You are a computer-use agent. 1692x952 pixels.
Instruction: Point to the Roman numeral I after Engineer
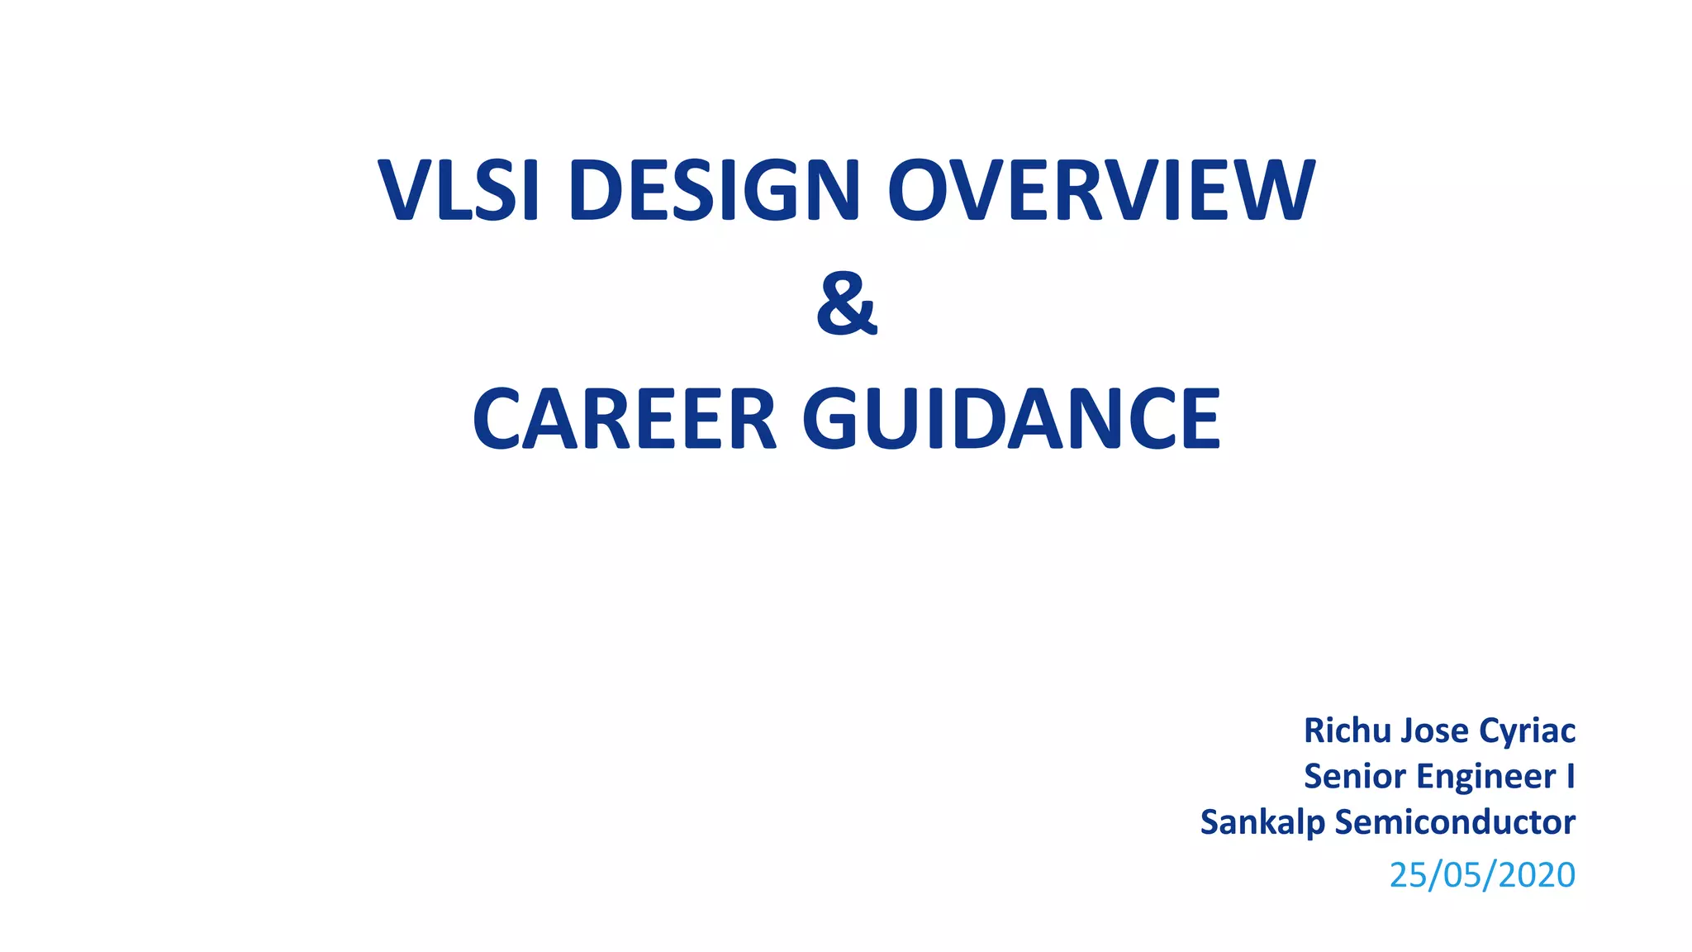pos(1570,777)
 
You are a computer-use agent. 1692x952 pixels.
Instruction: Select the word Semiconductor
pos(1455,822)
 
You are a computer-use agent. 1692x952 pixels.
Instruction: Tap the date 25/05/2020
pos(1482,875)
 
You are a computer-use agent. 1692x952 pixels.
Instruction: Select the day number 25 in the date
pos(1408,875)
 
